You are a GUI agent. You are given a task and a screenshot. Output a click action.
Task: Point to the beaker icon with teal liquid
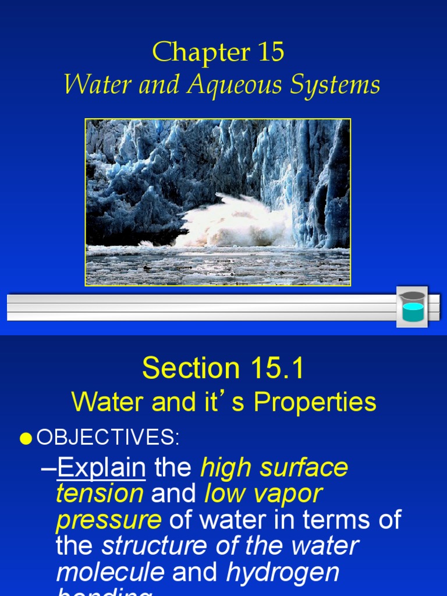412,307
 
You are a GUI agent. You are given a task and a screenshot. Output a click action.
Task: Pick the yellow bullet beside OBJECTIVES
26,439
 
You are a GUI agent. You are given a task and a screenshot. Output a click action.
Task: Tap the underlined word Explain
101,467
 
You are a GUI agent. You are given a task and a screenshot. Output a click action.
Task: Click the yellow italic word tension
100,494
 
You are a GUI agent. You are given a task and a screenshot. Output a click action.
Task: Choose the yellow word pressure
108,520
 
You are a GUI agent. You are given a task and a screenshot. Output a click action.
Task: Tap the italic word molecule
110,572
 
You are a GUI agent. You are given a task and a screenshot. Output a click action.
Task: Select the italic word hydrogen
283,572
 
